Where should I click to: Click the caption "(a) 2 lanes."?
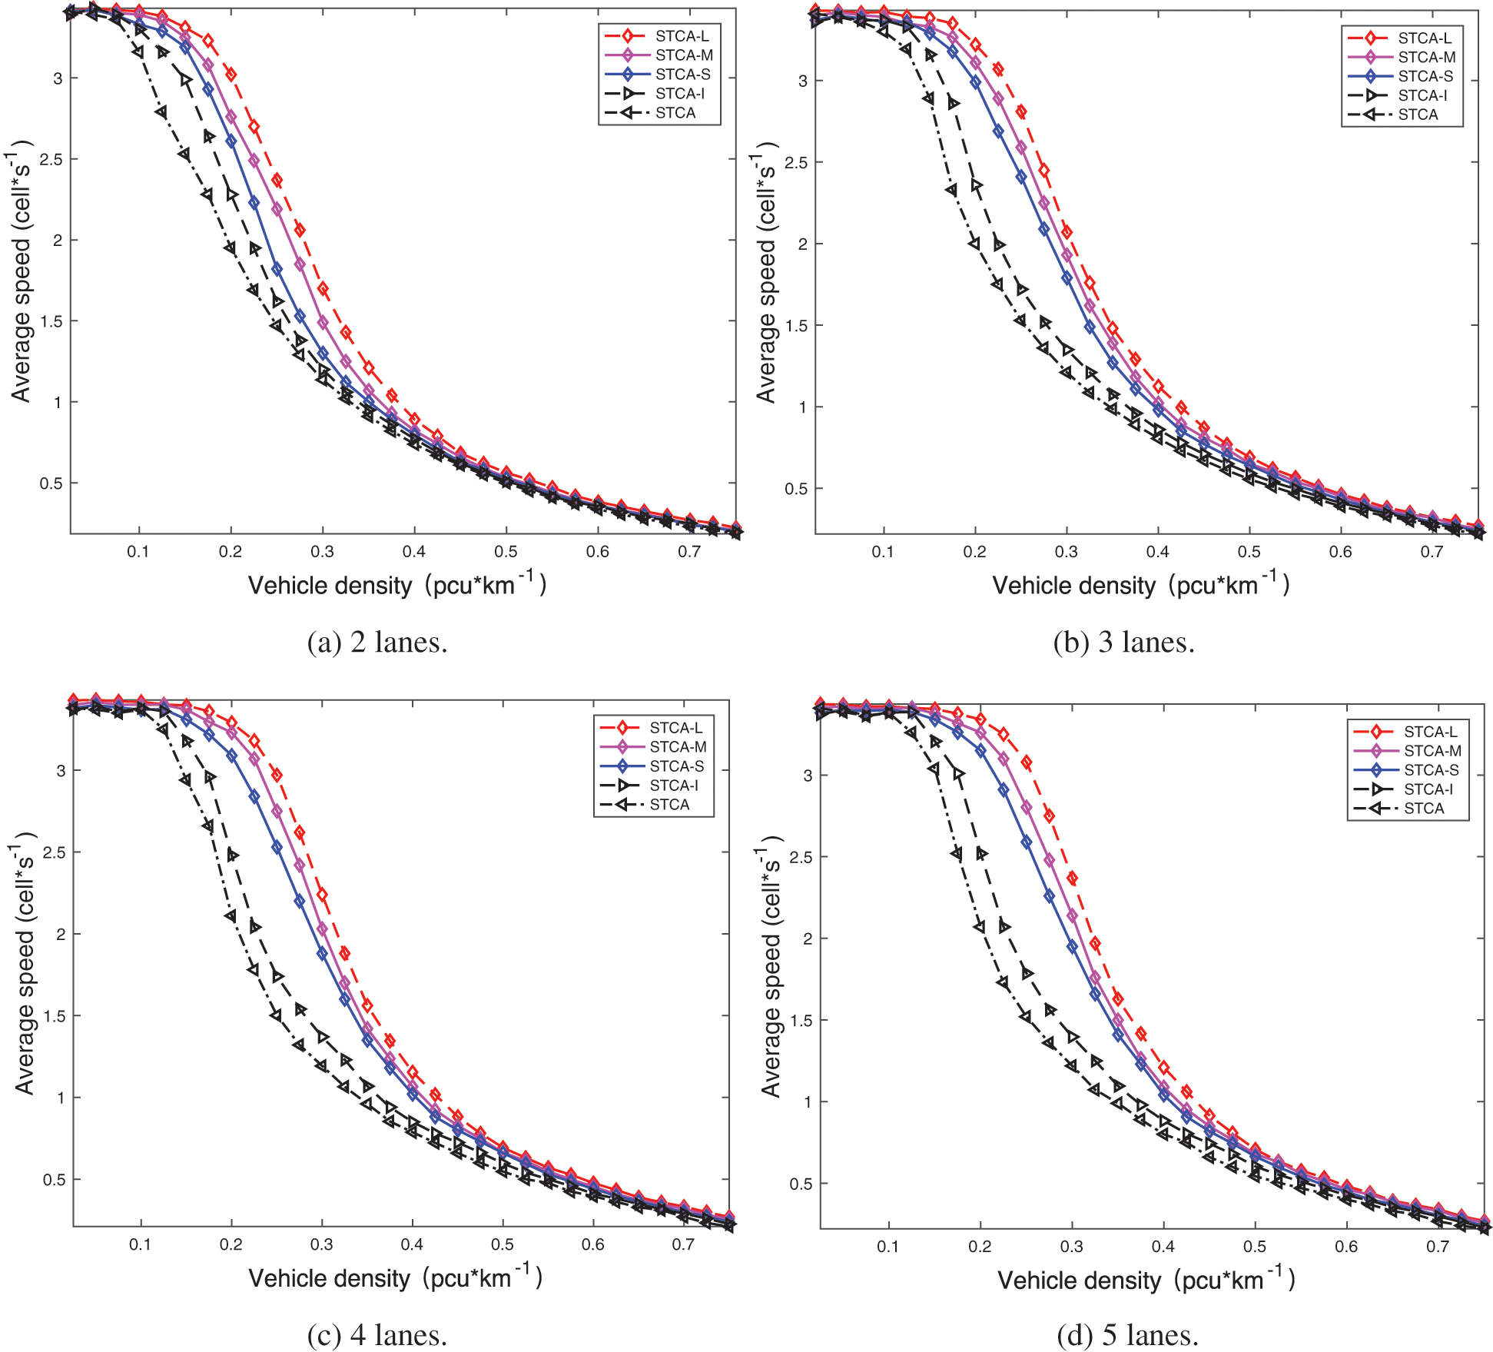[x=377, y=643]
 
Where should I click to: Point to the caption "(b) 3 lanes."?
[x=1123, y=643]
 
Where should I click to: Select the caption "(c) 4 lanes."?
[x=377, y=1335]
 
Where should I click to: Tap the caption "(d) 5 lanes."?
[x=1127, y=1335]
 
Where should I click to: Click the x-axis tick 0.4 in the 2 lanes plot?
[x=413, y=552]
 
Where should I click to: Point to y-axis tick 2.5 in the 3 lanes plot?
[x=796, y=162]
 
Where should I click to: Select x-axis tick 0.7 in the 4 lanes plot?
[x=683, y=1244]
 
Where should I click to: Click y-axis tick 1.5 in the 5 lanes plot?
[x=801, y=1020]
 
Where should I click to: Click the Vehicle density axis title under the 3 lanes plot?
[x=1140, y=586]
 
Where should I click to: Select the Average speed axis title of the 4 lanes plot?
[x=25, y=963]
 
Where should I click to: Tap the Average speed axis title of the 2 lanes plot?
[x=21, y=271]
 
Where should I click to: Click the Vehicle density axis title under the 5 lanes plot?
[x=1146, y=1281]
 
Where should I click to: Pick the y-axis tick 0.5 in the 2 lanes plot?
[x=51, y=483]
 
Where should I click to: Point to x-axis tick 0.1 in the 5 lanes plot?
[x=888, y=1247]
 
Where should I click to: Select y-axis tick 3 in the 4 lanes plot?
[x=61, y=771]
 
